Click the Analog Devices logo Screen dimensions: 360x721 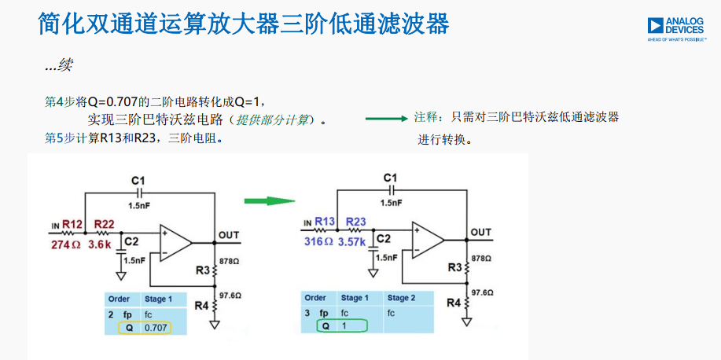(x=676, y=28)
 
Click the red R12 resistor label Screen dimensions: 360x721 (x=73, y=224)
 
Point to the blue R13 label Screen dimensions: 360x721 (x=325, y=221)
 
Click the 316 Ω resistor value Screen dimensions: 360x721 (x=319, y=241)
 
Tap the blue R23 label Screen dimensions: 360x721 (x=355, y=221)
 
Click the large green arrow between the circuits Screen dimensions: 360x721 (x=268, y=201)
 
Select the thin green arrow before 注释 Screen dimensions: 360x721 (x=387, y=119)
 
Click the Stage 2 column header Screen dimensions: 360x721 (x=402, y=298)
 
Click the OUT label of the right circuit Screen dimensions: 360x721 (x=481, y=232)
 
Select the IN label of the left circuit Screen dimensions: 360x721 (x=55, y=226)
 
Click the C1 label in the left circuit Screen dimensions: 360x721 (x=139, y=182)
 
